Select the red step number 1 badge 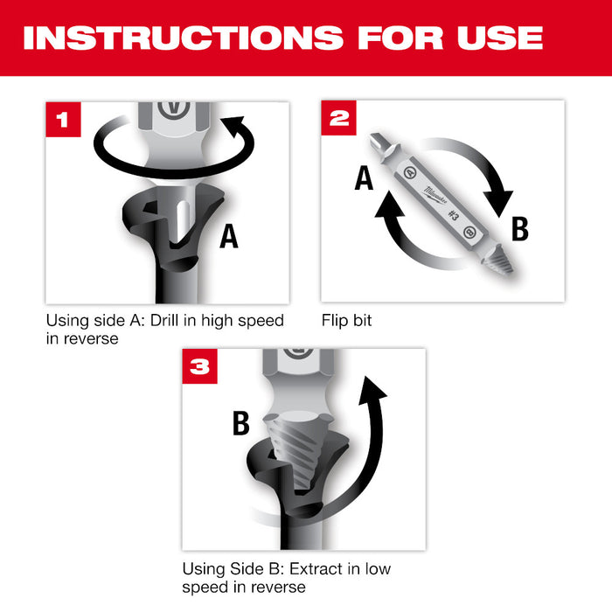point(62,119)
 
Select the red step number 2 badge point(338,117)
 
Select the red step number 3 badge point(200,366)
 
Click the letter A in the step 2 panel point(365,179)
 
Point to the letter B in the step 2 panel point(520,229)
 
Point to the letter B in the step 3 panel point(240,422)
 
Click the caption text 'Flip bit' point(346,321)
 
